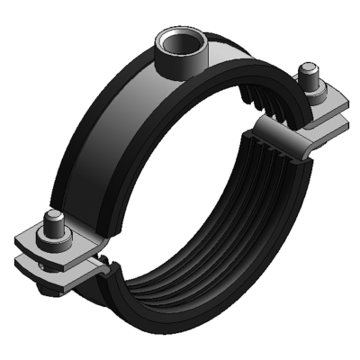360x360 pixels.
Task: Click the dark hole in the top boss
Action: click(175, 41)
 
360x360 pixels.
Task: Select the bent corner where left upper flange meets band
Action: click(95, 239)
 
